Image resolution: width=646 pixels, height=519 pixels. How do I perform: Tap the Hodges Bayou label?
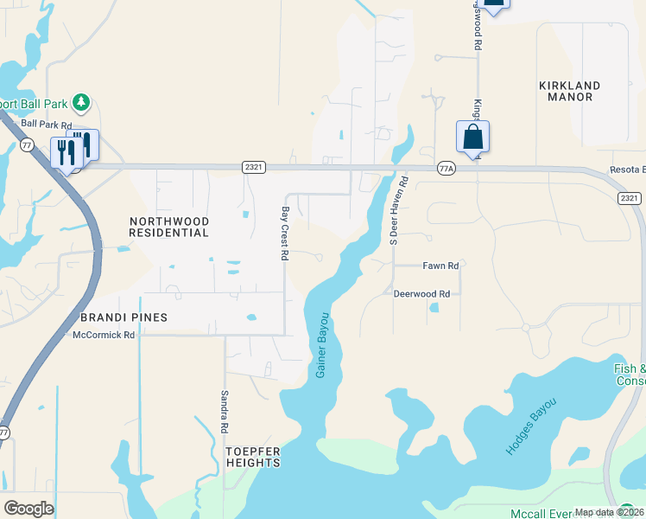tap(530, 427)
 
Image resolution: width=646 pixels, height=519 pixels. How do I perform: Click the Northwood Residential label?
tap(168, 227)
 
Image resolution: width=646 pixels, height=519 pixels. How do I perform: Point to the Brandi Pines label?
tap(123, 317)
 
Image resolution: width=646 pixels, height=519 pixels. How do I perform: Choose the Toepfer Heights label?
tap(253, 457)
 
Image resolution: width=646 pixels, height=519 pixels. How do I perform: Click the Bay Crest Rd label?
tap(283, 234)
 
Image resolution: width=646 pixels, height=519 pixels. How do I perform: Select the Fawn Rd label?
tap(440, 266)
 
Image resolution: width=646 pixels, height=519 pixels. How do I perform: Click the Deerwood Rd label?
tap(422, 294)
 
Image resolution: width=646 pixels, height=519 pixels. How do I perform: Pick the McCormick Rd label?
tap(104, 335)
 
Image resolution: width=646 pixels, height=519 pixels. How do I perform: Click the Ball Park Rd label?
tap(47, 124)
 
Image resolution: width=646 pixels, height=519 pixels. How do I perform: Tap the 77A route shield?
tap(446, 168)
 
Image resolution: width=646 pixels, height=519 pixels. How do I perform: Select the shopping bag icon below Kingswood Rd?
tap(472, 138)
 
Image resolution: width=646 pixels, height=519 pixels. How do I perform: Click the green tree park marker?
tap(81, 103)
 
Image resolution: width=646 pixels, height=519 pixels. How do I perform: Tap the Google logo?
tap(29, 509)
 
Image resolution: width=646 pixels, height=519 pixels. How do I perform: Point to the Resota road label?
tap(627, 170)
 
